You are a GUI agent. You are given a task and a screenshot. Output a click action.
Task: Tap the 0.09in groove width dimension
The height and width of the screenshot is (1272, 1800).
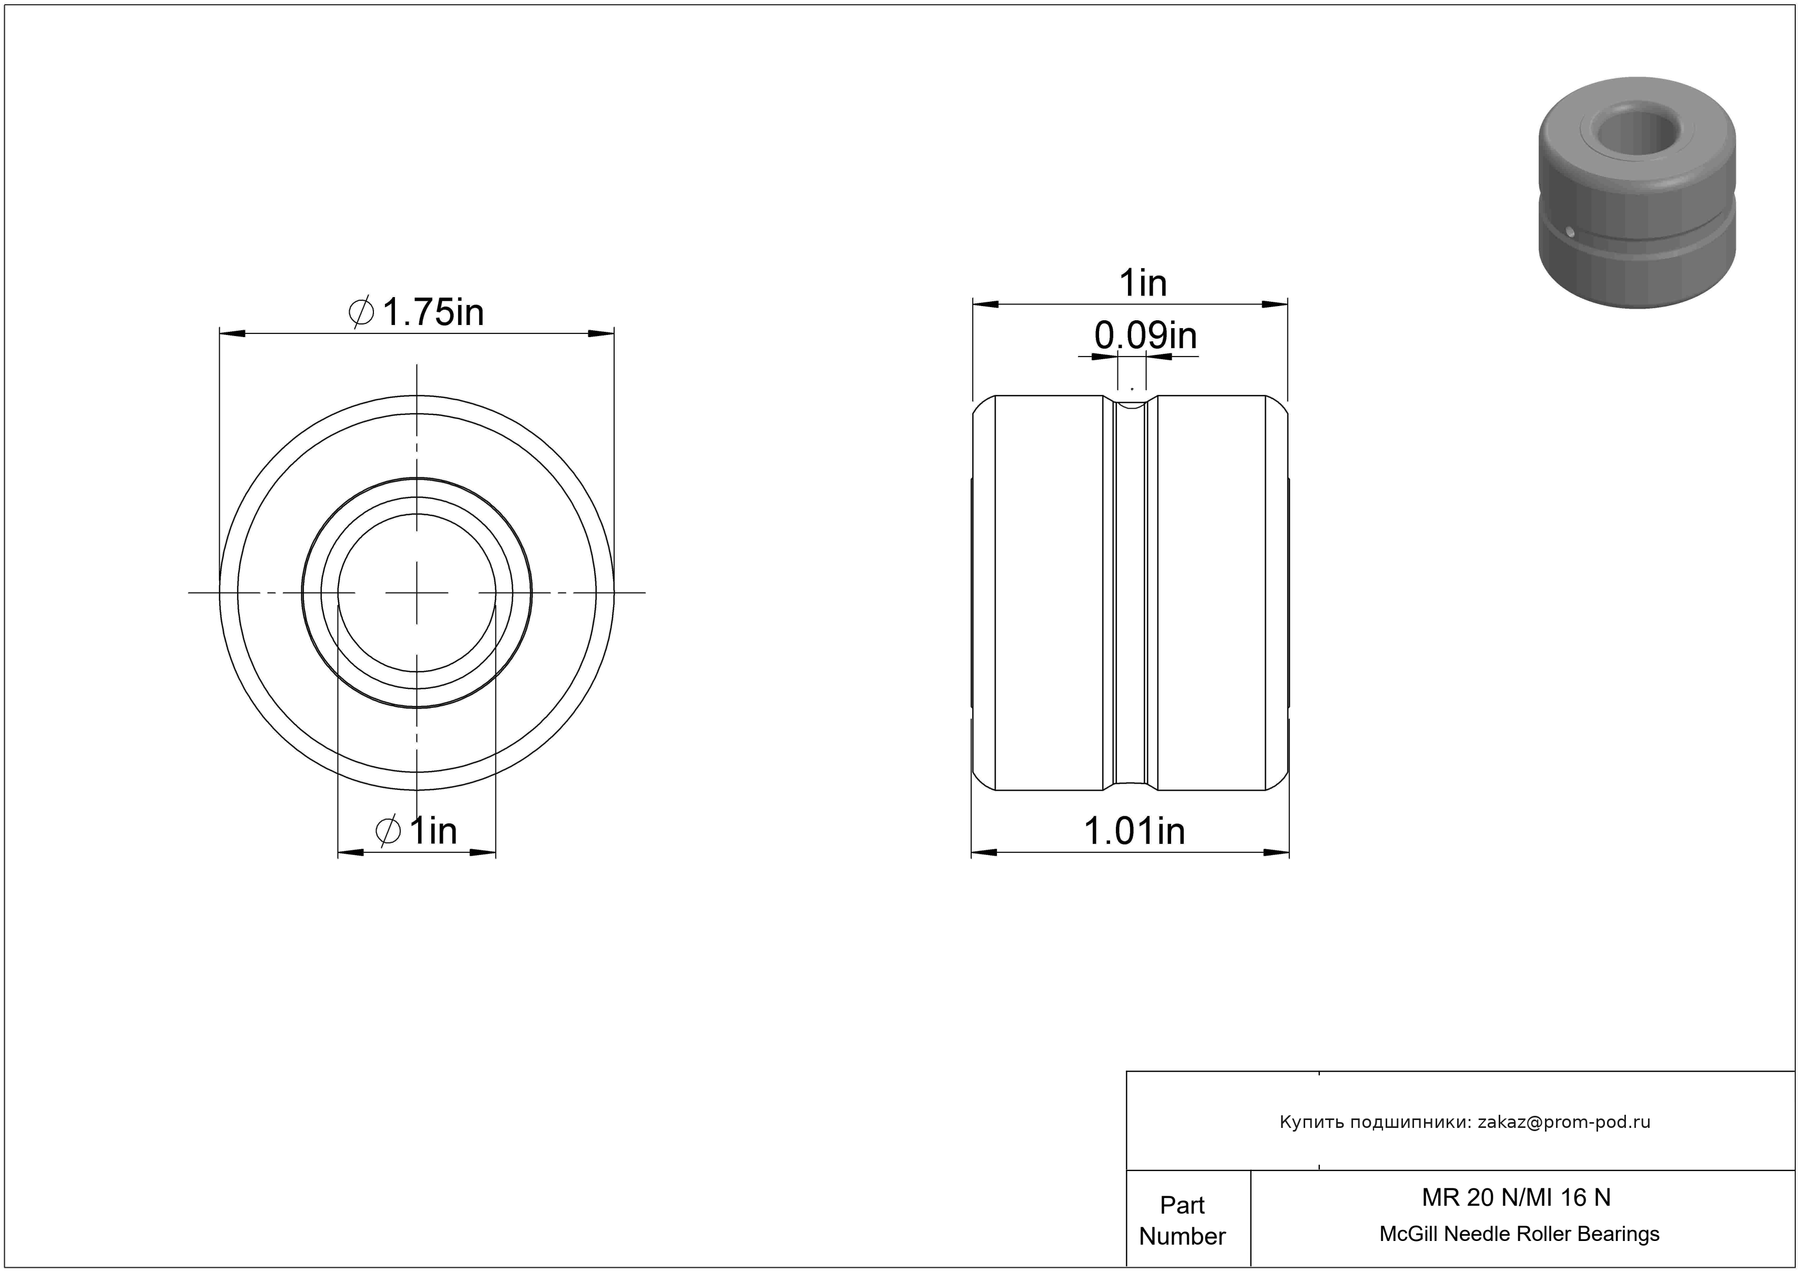pyautogui.click(x=1145, y=336)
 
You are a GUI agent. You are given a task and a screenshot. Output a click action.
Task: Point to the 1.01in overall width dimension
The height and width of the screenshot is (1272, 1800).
pyautogui.click(x=1134, y=831)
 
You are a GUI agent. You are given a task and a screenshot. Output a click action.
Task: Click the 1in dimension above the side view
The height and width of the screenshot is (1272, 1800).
pyautogui.click(x=1143, y=283)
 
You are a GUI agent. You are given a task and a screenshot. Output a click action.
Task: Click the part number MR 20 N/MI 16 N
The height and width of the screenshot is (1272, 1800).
pyautogui.click(x=1516, y=1197)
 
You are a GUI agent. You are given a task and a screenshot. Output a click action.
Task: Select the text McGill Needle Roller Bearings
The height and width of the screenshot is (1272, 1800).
pyautogui.click(x=1519, y=1234)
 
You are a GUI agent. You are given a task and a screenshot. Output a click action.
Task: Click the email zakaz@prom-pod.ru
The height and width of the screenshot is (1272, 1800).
pyautogui.click(x=1564, y=1122)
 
